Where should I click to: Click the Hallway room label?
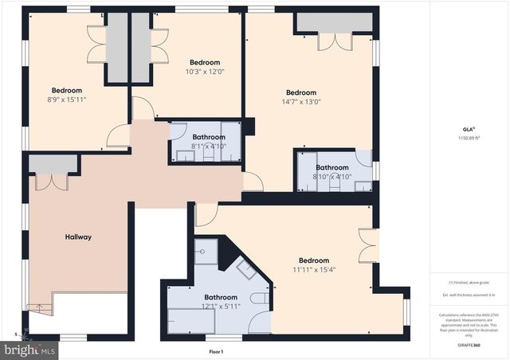78,237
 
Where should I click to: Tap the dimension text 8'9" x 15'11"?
67,100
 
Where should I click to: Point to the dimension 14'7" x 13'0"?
301,101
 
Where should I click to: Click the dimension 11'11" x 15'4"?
313,269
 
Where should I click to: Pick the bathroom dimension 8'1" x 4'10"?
209,147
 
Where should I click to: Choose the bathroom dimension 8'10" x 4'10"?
331,176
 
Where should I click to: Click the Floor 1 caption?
216,351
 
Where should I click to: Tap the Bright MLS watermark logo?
30,348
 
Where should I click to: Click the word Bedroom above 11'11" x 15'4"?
313,260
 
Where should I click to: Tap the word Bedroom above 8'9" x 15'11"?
67,90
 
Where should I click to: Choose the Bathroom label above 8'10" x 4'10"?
331,167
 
